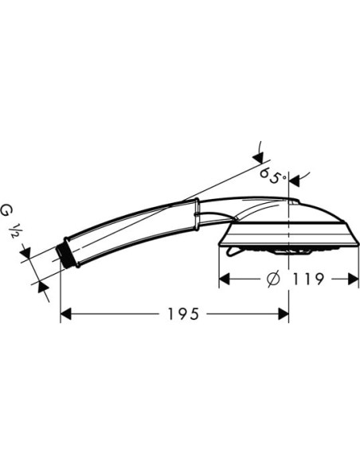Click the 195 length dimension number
[x=183, y=314]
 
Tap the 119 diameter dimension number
[x=309, y=279]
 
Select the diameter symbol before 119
[x=273, y=279]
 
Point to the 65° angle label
[x=273, y=176]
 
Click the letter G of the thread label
[x=6, y=211]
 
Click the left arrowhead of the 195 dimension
[x=65, y=314]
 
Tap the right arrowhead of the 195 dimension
[x=284, y=314]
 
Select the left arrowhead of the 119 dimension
[x=224, y=279]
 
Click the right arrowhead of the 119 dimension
[x=353, y=279]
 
